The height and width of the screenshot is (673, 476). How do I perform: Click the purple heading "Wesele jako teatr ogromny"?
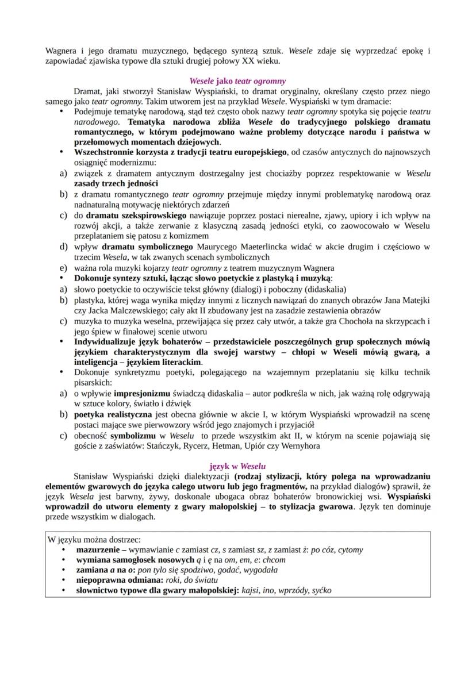[x=237, y=82]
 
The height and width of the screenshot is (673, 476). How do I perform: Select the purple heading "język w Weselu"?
[x=237, y=466]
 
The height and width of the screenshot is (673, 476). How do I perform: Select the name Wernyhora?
[x=300, y=445]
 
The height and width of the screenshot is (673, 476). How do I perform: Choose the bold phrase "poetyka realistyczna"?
[x=113, y=414]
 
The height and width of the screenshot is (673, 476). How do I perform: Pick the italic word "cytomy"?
[x=351, y=549]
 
